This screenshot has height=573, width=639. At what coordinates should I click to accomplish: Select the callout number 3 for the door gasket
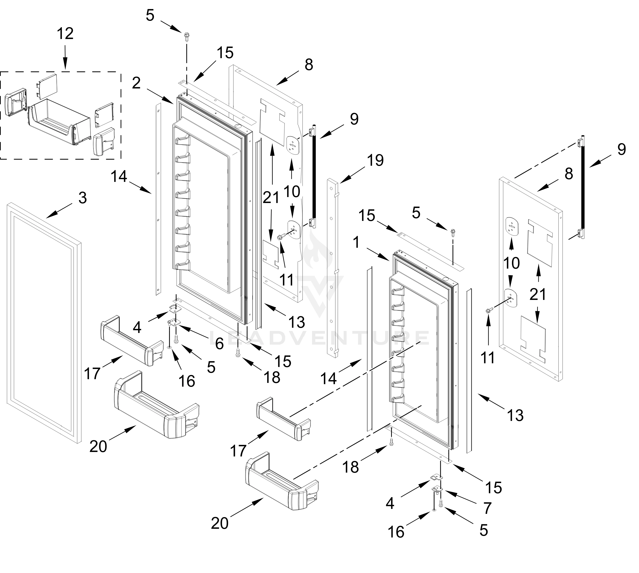coord(82,198)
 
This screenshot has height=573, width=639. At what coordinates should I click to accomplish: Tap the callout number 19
coord(375,160)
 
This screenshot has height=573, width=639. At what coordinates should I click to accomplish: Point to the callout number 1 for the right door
coord(356,243)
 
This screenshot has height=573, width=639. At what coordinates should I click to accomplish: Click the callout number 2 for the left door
coord(136,83)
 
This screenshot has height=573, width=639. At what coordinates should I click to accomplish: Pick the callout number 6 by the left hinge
coord(220,343)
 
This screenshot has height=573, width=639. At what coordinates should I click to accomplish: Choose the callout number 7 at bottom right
coord(487,508)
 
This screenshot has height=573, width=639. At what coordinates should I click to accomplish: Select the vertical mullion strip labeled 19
coord(333,268)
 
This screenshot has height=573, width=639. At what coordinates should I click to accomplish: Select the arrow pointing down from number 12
coord(65,57)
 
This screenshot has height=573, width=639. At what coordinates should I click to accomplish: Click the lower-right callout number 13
coord(515,415)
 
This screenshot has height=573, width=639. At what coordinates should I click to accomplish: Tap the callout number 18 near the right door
coord(350,467)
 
